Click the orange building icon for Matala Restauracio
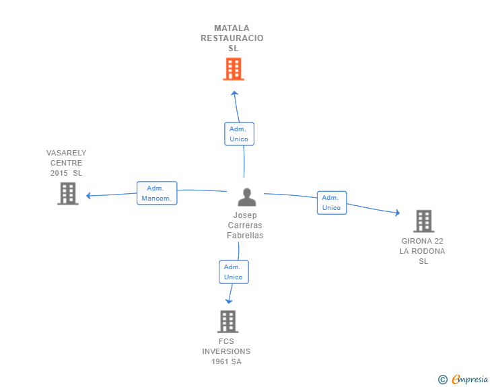point(233,69)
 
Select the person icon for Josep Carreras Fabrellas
point(247,197)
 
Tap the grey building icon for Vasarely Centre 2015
point(67,193)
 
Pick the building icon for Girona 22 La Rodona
point(423,221)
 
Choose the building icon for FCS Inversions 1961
point(228,322)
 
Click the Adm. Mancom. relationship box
point(157,193)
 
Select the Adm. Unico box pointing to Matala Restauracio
point(239,134)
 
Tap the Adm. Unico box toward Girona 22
point(332,203)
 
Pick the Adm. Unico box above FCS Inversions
point(234,272)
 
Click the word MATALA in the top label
point(232,28)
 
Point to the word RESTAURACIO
point(232,38)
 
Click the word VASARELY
point(66,153)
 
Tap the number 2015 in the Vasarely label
point(59,173)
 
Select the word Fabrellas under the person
point(245,236)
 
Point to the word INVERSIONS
point(226,351)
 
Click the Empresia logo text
point(470,380)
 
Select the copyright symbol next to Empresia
point(442,380)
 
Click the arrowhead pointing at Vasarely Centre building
point(88,196)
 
